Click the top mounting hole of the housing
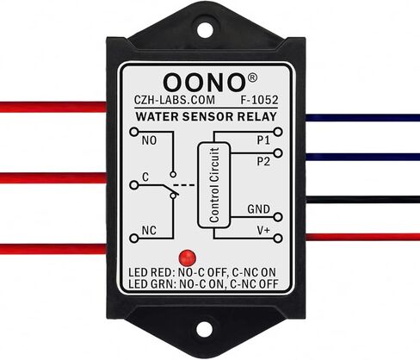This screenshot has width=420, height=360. pos(204,29)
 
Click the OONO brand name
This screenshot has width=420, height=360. pos(204,82)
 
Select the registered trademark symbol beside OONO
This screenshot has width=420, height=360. pos(252,78)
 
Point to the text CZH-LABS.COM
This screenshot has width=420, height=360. pos(175,100)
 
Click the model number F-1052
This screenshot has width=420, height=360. pos(259,100)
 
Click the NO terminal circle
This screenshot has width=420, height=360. pos(133,132)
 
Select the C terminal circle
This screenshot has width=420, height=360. pos(133,185)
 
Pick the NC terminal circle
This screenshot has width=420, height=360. pos(133,238)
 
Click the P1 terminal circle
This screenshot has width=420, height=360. pos(278,132)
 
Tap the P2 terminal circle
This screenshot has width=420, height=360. pos(278,153)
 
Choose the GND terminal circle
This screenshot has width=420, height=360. pos(278,217)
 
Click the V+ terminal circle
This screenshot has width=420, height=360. pos(278,239)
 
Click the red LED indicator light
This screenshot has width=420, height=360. pos(187,258)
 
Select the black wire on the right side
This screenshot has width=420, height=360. pos(362,199)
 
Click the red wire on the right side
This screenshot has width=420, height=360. pos(362,237)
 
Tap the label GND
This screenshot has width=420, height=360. pos(258,209)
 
